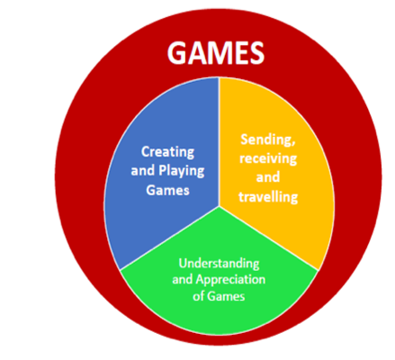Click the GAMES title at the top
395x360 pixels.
(x=216, y=52)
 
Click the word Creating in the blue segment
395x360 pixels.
(x=167, y=152)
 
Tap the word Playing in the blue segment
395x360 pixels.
(x=182, y=171)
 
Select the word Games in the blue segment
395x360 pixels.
(x=167, y=190)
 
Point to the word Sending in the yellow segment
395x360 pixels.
(x=268, y=140)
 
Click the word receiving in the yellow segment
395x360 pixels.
(x=268, y=158)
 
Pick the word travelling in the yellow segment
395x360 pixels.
(x=268, y=197)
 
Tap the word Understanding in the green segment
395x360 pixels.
(x=219, y=264)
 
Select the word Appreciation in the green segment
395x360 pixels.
(x=230, y=280)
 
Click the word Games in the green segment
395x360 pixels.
(x=226, y=296)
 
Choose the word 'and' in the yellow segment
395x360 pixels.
(x=268, y=177)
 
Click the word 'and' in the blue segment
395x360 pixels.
(x=143, y=171)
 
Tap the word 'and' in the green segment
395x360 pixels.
(x=183, y=280)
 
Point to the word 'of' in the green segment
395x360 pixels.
(x=199, y=296)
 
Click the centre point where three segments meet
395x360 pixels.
(x=219, y=206)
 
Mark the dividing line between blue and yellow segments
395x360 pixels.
(x=219, y=141)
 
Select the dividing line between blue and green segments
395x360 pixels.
(x=169, y=238)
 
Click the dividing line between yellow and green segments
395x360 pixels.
(x=269, y=238)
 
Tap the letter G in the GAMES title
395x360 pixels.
(x=178, y=53)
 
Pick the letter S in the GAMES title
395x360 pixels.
(x=256, y=53)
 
